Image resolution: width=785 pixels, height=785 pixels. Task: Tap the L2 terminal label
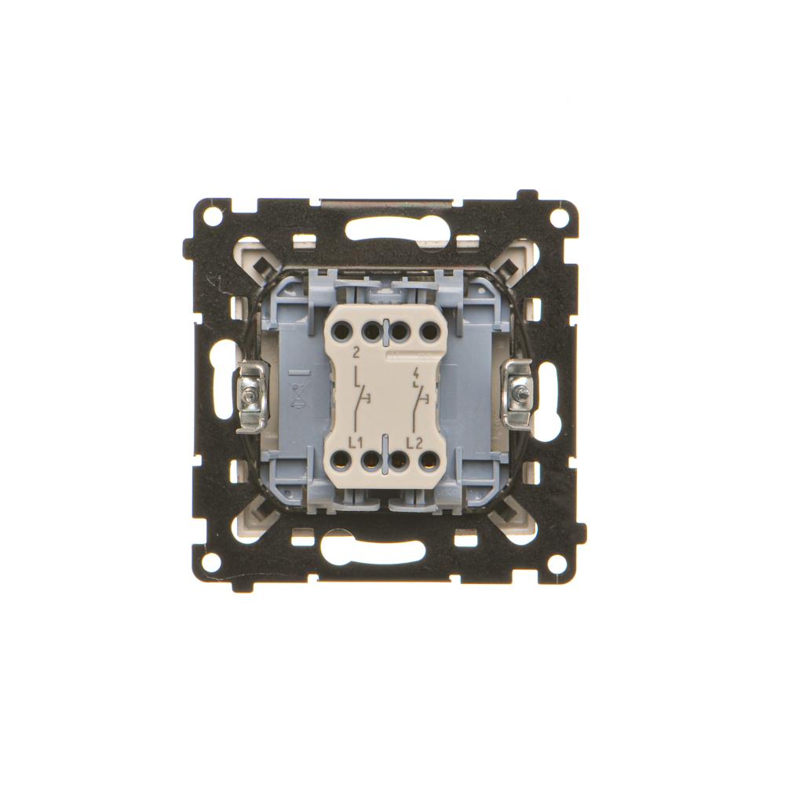click(414, 442)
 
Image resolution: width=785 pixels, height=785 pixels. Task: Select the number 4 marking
click(418, 372)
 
